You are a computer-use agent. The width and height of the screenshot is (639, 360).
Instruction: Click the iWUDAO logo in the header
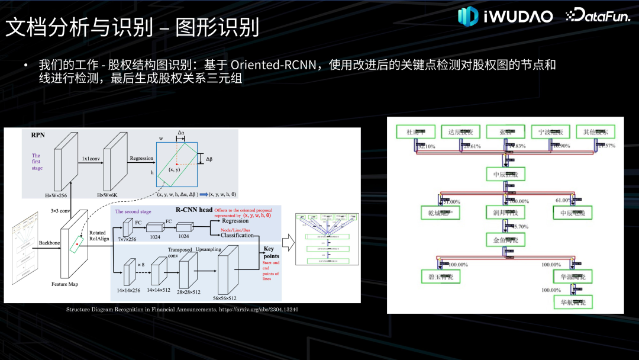[505, 16]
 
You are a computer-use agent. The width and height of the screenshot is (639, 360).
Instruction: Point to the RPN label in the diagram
[38, 135]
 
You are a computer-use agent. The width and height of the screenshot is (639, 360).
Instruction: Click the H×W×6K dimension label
[115, 195]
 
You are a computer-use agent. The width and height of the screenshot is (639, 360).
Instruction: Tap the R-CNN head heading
[193, 210]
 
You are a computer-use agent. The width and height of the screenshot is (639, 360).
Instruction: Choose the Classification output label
[237, 236]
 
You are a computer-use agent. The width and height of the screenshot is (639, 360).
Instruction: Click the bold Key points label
[272, 253]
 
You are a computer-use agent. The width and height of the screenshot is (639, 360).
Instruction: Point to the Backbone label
[49, 243]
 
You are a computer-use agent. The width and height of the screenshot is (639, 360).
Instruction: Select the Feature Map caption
[64, 285]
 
